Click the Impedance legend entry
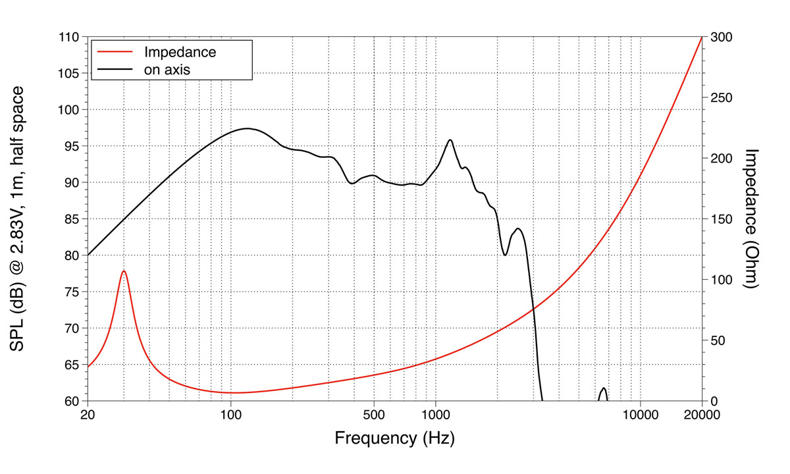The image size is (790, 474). pyautogui.click(x=180, y=51)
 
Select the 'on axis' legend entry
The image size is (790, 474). pyautogui.click(x=167, y=68)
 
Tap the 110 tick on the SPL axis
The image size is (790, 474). pyautogui.click(x=69, y=37)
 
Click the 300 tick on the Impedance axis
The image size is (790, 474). pyautogui.click(x=719, y=37)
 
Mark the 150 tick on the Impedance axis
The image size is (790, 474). pyautogui.click(x=719, y=219)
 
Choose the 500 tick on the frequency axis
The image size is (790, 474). pyautogui.click(x=374, y=415)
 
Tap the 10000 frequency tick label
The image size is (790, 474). pyautogui.click(x=640, y=415)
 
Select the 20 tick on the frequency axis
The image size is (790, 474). pyautogui.click(x=88, y=415)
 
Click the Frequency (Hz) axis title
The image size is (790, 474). pyautogui.click(x=394, y=438)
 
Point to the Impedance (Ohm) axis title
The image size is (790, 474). pyautogui.click(x=752, y=219)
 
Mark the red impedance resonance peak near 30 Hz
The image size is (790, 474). pyautogui.click(x=123, y=271)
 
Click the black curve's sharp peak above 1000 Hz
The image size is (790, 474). pyautogui.click(x=450, y=140)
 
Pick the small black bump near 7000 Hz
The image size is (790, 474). pyautogui.click(x=603, y=388)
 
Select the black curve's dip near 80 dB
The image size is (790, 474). pyautogui.click(x=505, y=255)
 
